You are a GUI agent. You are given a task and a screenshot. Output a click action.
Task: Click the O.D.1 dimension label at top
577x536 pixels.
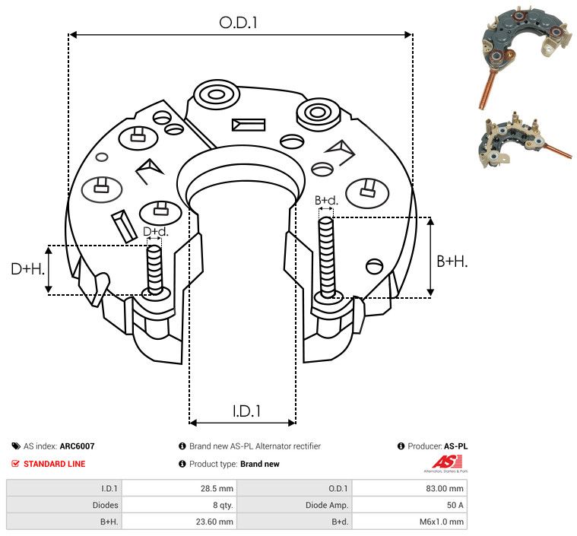tap(238, 23)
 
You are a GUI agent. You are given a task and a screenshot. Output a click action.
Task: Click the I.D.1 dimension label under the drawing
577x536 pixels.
tap(246, 411)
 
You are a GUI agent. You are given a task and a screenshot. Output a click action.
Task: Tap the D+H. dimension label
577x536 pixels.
tap(28, 269)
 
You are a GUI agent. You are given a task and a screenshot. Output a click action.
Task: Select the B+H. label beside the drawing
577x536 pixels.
tap(452, 262)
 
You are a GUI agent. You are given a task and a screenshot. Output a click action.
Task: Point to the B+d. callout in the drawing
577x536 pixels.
tap(326, 200)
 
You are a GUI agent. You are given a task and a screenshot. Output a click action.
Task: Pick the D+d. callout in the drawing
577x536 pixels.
tap(156, 232)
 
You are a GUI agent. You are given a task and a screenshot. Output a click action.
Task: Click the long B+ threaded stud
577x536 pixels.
tap(326, 257)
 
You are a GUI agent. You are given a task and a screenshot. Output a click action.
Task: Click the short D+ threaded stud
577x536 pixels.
tap(154, 269)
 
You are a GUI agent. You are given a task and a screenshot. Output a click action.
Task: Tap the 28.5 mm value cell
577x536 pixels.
tap(217, 489)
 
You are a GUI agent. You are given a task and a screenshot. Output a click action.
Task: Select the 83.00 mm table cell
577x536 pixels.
tap(445, 489)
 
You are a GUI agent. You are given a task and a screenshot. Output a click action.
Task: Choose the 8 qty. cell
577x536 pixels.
tap(223, 505)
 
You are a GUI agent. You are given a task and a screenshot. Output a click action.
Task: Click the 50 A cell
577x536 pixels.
tap(455, 505)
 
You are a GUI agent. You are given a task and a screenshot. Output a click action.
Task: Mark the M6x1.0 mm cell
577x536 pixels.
tap(442, 522)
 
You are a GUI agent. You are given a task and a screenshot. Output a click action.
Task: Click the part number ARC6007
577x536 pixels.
tap(78, 446)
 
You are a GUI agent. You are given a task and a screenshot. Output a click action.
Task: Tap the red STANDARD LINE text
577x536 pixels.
tap(55, 464)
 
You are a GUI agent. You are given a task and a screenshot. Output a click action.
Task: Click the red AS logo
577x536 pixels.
tap(447, 462)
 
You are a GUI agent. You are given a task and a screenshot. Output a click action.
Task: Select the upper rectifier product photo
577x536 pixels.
tap(525, 57)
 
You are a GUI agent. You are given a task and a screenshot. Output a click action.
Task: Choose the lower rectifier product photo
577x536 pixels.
tap(526, 140)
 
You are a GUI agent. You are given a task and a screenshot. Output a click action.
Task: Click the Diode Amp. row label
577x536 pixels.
tap(327, 505)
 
